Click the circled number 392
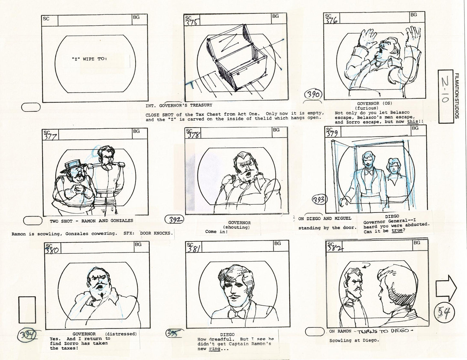[175, 220]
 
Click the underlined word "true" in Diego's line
[397, 230]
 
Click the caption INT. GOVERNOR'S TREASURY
[179, 105]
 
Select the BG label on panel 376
[414, 15]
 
